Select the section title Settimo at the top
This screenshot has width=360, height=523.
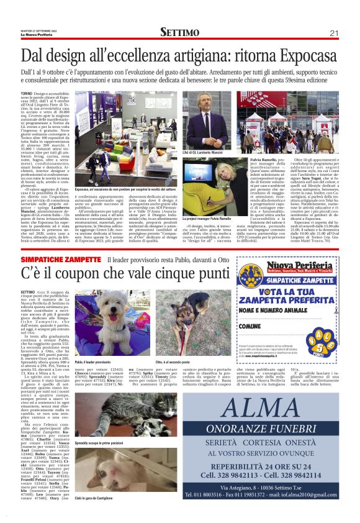click(x=179, y=32)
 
